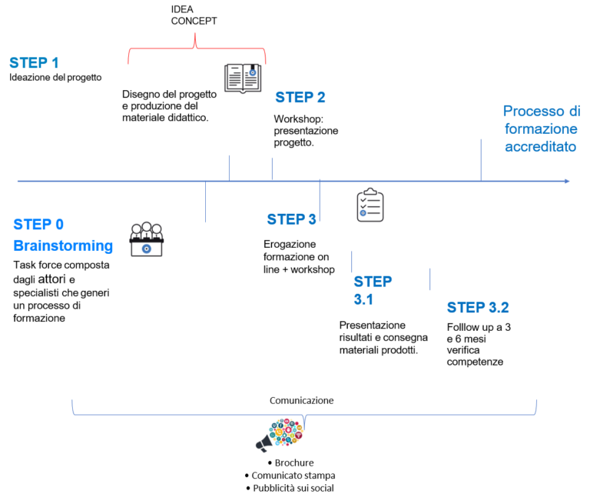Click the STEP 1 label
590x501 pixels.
[x=35, y=63]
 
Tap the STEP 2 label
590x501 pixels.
[x=300, y=98]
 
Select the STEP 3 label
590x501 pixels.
[x=291, y=219]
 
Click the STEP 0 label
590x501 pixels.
[x=38, y=225]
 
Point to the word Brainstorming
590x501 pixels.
[x=63, y=246]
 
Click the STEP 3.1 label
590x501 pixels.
[x=373, y=290]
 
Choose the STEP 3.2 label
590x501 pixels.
[x=478, y=308]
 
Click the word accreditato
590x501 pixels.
[x=540, y=146]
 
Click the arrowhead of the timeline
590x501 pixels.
[x=567, y=182]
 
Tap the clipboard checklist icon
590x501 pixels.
[x=370, y=206]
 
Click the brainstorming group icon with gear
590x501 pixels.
[x=146, y=240]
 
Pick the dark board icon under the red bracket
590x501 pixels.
[x=243, y=78]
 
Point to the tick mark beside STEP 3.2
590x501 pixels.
[x=430, y=279]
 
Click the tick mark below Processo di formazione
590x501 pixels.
[x=481, y=160]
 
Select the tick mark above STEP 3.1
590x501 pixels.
[x=352, y=262]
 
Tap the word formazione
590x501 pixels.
[x=541, y=129]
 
